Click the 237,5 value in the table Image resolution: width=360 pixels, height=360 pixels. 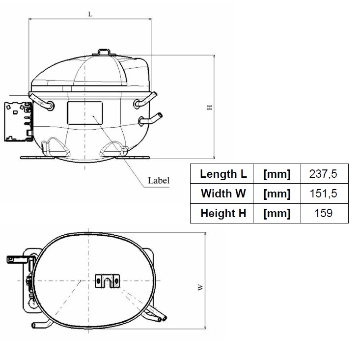click(x=323, y=174)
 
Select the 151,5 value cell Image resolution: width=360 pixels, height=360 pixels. click(x=323, y=194)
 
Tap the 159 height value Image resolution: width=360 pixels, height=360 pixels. click(x=323, y=213)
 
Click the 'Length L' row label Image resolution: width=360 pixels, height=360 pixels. click(x=223, y=174)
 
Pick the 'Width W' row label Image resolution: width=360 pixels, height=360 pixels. click(x=223, y=194)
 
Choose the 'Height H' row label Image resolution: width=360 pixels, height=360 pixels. click(x=223, y=213)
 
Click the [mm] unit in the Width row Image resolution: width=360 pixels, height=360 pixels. click(x=277, y=194)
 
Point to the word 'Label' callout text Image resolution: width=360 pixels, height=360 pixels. click(x=159, y=180)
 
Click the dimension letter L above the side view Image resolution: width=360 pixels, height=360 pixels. click(x=90, y=14)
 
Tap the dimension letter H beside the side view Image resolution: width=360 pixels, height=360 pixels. click(x=210, y=107)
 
